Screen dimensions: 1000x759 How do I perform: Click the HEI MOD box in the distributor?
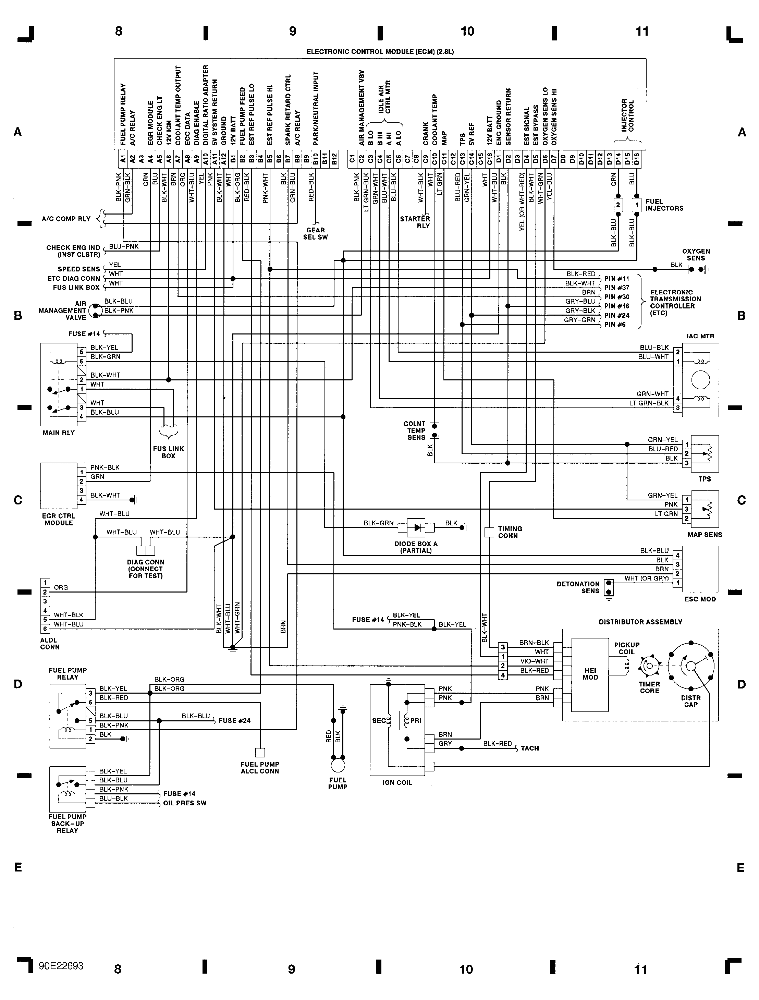(x=590, y=674)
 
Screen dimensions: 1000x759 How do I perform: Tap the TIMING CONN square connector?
(x=489, y=532)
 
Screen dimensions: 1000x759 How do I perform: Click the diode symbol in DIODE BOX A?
(x=416, y=527)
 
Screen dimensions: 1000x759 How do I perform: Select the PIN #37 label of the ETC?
(x=616, y=288)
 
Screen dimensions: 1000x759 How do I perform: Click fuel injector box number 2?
(x=617, y=205)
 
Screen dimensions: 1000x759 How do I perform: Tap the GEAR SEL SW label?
(x=315, y=233)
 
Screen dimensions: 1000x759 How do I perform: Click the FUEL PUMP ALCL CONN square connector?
(x=260, y=753)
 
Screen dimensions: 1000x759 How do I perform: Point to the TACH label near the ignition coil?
(x=529, y=748)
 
